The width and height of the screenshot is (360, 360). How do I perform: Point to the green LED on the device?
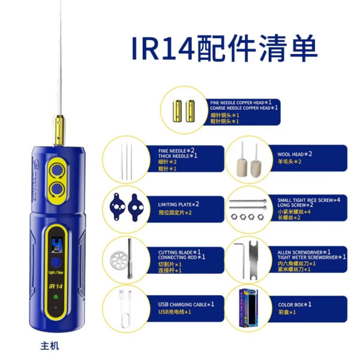[x=55, y=297]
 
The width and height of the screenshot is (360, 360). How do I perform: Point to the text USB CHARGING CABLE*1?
[x=186, y=304]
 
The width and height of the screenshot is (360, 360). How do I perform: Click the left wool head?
[x=242, y=162]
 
